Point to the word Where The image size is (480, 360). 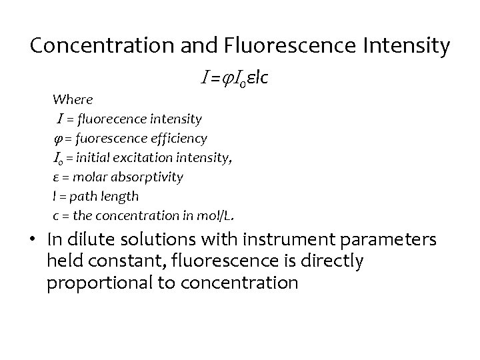tap(73, 99)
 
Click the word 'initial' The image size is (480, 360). tap(96, 157)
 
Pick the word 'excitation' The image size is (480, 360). tap(143, 157)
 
